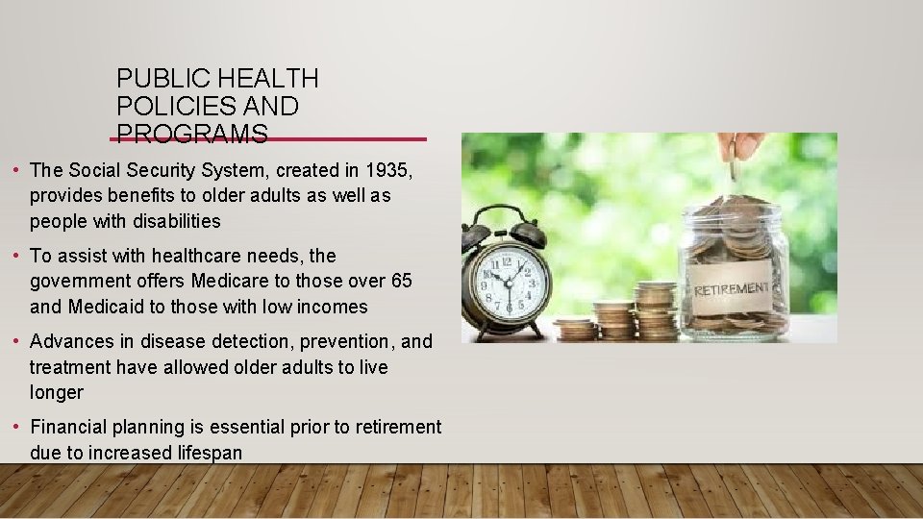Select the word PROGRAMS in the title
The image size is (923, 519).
coord(191,134)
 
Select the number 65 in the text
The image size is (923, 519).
coord(402,282)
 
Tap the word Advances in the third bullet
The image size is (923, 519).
coord(71,341)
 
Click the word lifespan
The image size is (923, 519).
coord(209,453)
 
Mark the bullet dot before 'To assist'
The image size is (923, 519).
coord(18,256)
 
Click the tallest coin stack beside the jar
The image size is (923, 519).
coord(657,309)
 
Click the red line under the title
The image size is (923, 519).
coord(269,139)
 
